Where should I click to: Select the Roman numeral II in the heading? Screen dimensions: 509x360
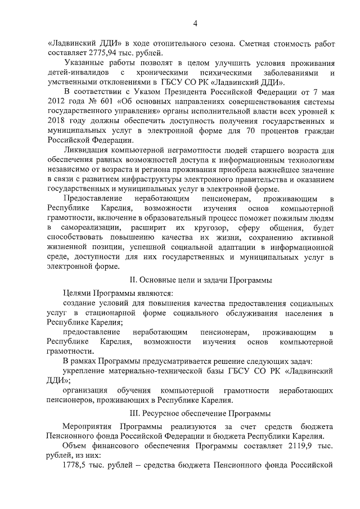coord(133,280)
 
